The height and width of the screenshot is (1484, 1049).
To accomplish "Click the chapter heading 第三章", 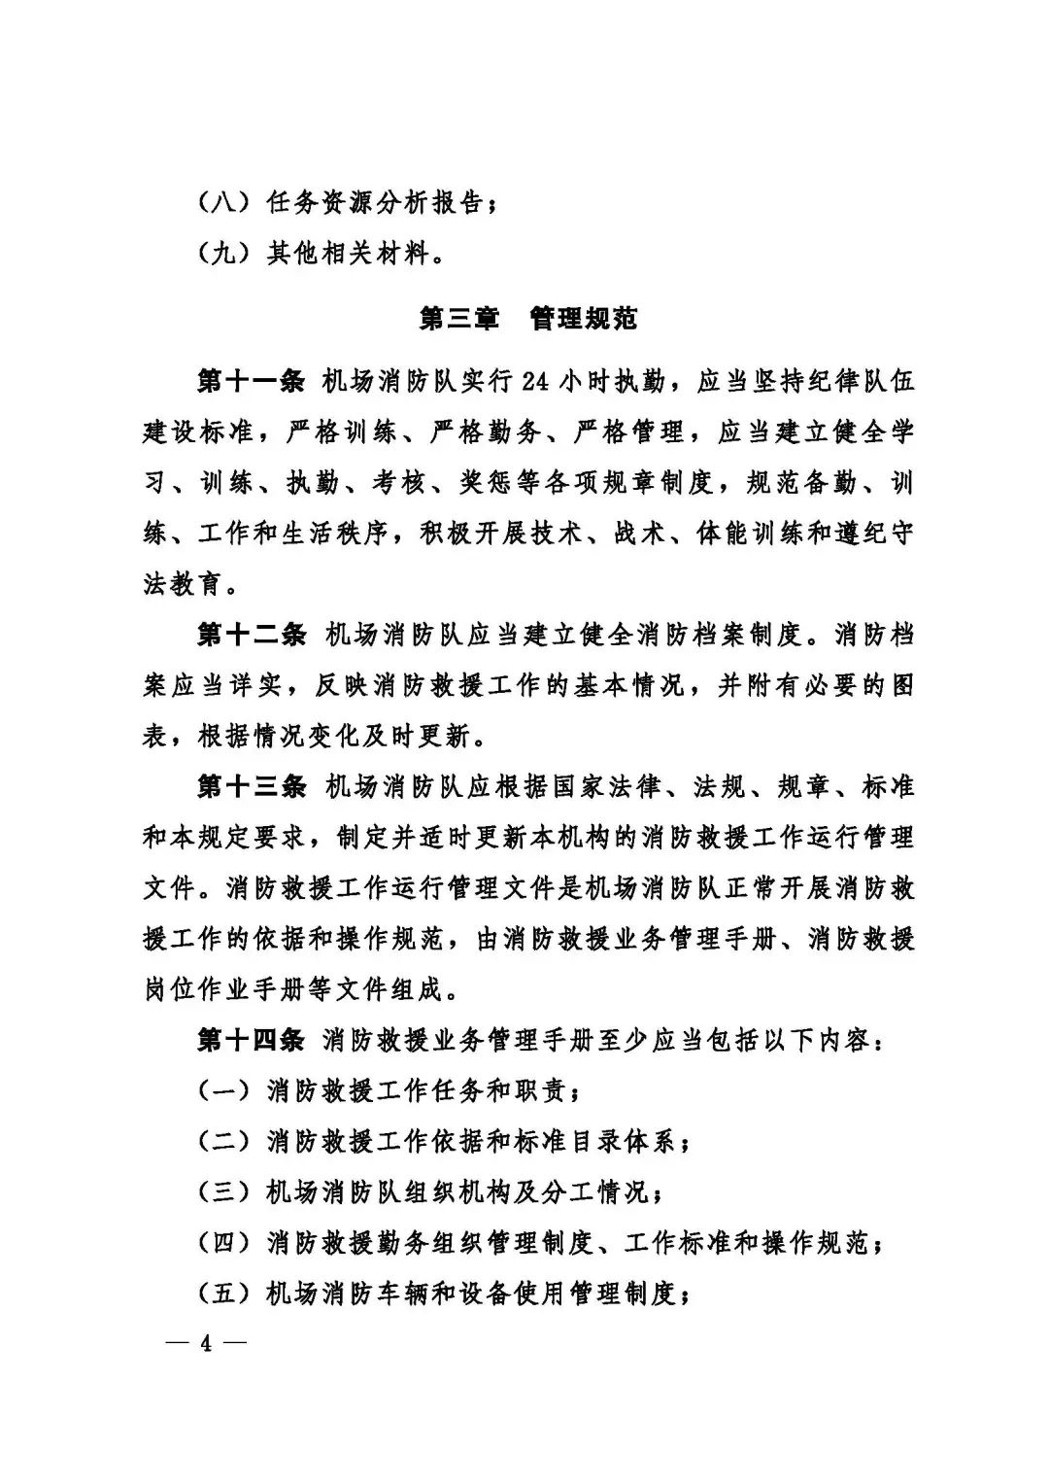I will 458,319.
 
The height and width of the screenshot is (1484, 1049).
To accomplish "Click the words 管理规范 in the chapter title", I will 584,319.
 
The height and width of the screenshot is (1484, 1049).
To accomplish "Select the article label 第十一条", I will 252,382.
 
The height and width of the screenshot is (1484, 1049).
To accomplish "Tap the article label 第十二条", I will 252,636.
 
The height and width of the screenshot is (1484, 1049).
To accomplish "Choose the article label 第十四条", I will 252,1040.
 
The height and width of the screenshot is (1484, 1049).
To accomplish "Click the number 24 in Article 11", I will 535,382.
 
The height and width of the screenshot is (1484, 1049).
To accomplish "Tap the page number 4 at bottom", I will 205,1344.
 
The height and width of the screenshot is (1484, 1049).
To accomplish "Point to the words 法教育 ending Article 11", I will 182,585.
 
